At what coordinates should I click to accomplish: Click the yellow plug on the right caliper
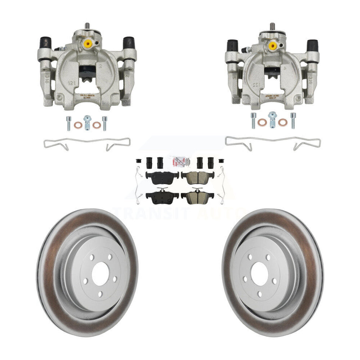(x=272, y=45)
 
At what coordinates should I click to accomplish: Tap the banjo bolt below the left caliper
(x=88, y=122)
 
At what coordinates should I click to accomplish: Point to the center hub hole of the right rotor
(x=260, y=273)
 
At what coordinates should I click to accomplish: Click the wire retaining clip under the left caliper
(x=87, y=143)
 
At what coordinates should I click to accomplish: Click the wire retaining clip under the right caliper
(x=272, y=142)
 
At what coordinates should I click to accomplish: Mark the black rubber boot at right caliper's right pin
(x=313, y=45)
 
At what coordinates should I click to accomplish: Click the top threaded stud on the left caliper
(x=87, y=25)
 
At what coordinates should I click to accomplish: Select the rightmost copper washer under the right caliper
(x=282, y=122)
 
